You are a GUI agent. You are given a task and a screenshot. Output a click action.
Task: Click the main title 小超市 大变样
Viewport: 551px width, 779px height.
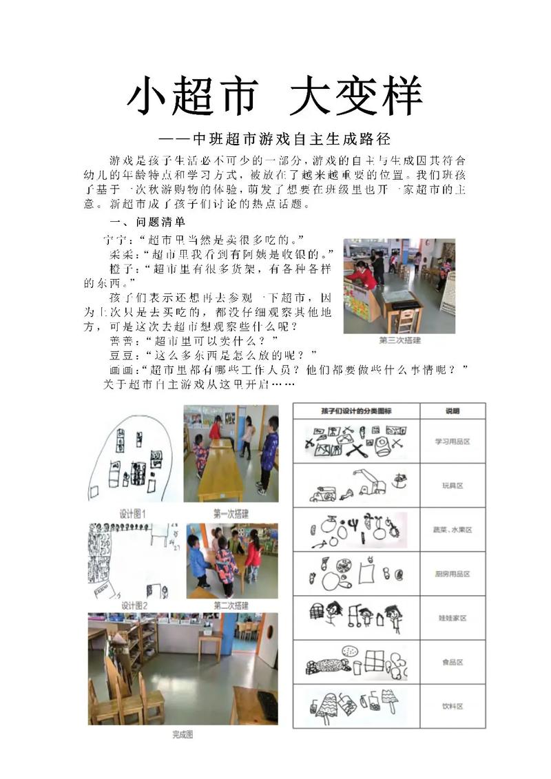tap(274, 96)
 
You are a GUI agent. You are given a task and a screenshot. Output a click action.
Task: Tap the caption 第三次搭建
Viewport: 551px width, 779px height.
tap(399, 340)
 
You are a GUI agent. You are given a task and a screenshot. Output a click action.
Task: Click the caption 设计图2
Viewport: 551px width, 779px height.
tap(135, 605)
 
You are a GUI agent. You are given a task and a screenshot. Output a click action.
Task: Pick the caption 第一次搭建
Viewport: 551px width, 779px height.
tap(231, 514)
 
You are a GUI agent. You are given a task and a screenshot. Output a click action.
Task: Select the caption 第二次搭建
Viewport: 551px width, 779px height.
tap(231, 605)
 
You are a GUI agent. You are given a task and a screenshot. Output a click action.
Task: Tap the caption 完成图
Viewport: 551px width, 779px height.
tap(183, 735)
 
